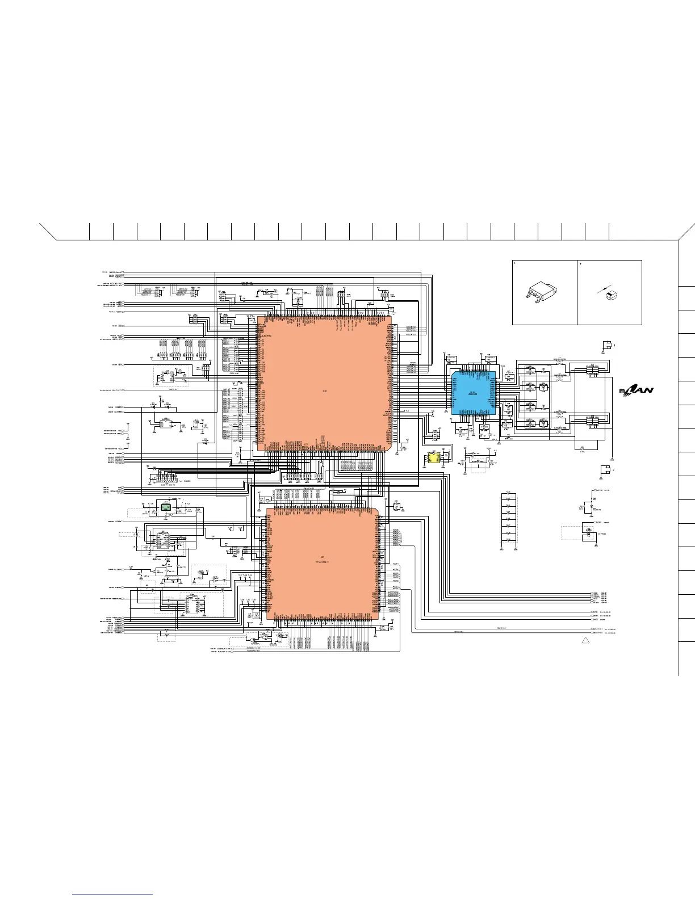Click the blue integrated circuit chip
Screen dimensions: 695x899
pos(474,393)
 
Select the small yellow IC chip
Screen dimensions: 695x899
pos(434,458)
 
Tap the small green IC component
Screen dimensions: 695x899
pos(166,507)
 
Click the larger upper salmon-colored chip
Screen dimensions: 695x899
pos(324,384)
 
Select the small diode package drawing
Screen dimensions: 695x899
pos(611,294)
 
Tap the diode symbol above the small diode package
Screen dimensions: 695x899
pos(602,291)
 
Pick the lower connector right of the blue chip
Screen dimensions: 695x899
pos(592,421)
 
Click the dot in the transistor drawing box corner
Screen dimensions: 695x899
pos(515,264)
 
